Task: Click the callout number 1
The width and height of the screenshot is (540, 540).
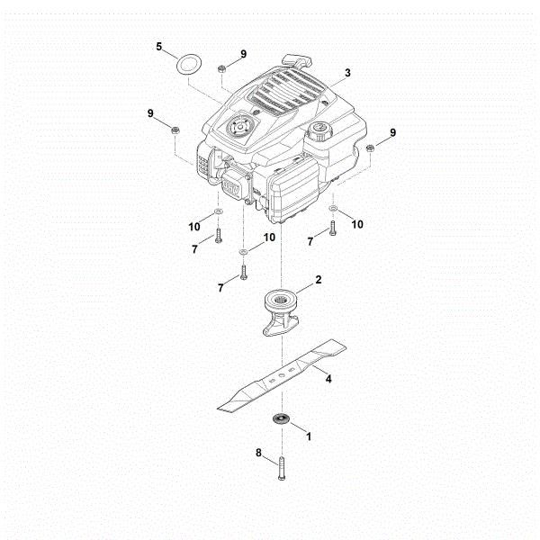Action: click(310, 436)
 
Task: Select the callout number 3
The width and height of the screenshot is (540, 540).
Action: click(347, 72)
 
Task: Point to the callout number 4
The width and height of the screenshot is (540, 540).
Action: click(328, 379)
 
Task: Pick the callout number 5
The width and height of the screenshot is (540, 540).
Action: click(159, 46)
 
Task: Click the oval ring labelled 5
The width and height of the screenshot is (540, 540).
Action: click(189, 66)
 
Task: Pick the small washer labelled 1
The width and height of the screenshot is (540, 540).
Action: click(281, 418)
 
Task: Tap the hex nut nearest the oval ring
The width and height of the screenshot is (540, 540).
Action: click(221, 67)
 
